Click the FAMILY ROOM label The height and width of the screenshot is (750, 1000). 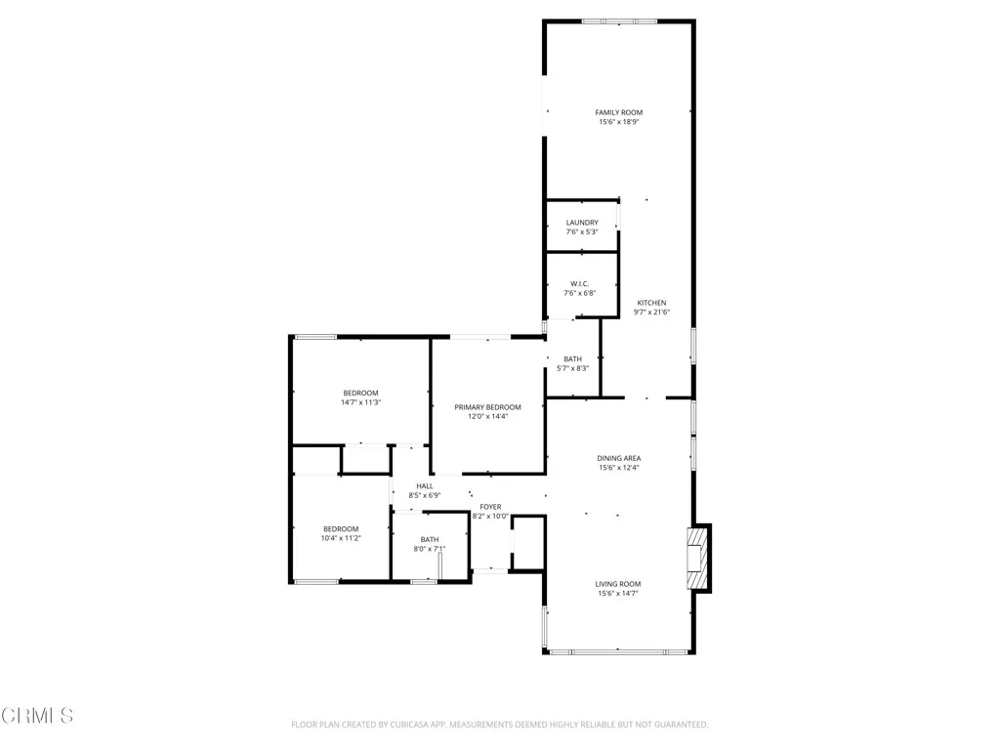(x=619, y=112)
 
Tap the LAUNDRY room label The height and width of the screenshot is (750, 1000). (x=582, y=223)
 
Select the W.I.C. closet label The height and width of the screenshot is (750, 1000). (x=580, y=284)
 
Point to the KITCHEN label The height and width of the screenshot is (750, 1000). (x=650, y=303)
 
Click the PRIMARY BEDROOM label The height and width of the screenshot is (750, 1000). (x=487, y=407)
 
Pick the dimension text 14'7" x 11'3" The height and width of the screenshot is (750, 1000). (x=360, y=402)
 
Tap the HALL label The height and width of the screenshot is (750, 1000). (x=425, y=486)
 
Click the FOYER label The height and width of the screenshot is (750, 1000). (x=490, y=507)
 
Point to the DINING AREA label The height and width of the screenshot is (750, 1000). (x=619, y=458)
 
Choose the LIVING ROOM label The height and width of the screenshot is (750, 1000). (x=619, y=584)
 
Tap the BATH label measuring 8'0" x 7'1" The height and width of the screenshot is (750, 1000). (x=430, y=539)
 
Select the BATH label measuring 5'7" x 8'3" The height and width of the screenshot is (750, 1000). (x=572, y=358)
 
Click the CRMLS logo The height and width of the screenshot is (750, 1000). (x=37, y=716)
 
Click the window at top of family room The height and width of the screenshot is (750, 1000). (x=619, y=21)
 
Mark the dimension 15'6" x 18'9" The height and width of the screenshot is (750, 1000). (x=619, y=122)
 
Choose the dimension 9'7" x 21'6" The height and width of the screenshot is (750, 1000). (x=650, y=312)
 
